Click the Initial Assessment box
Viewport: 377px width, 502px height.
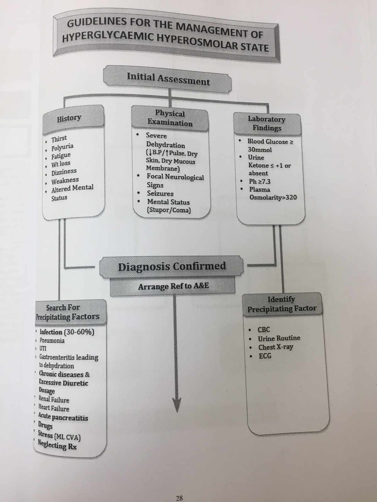(x=168, y=79)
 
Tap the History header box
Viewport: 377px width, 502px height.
(x=69, y=118)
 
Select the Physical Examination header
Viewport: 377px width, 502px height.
(x=170, y=118)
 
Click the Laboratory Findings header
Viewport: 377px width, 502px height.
(x=267, y=123)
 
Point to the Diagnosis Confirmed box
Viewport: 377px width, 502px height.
(x=172, y=266)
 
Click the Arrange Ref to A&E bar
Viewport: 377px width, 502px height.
(x=173, y=286)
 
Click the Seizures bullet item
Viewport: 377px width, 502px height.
(x=160, y=194)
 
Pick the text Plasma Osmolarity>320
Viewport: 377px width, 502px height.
(x=272, y=194)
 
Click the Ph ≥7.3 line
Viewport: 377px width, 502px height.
(x=260, y=181)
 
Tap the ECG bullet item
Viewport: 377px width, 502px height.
(x=265, y=356)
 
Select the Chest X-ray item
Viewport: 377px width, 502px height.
(x=276, y=347)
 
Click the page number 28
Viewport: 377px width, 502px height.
(x=179, y=498)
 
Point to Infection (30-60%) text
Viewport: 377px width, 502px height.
(x=67, y=332)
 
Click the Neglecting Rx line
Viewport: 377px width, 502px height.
(x=57, y=445)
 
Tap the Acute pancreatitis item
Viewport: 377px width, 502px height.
(x=63, y=417)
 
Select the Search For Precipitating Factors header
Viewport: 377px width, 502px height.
(x=68, y=312)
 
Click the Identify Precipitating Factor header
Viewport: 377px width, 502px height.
(x=281, y=304)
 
